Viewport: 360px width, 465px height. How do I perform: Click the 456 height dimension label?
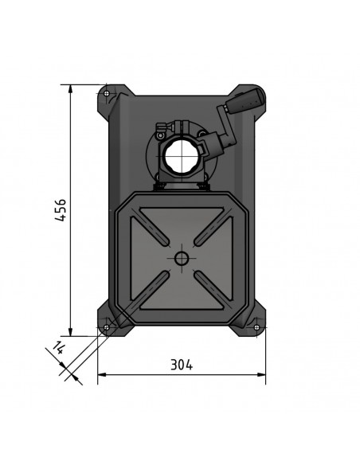click(61, 210)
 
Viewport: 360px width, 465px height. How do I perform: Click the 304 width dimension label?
click(182, 365)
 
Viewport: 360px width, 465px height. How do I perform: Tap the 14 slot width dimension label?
click(57, 347)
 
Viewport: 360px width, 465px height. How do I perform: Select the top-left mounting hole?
click(107, 94)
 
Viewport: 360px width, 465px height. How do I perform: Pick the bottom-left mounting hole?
click(107, 327)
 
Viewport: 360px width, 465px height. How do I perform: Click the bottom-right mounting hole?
click(256, 327)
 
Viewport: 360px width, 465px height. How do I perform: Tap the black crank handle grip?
click(245, 100)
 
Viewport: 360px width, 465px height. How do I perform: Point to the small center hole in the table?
click(181, 258)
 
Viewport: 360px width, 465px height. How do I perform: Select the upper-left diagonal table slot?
click(150, 232)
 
